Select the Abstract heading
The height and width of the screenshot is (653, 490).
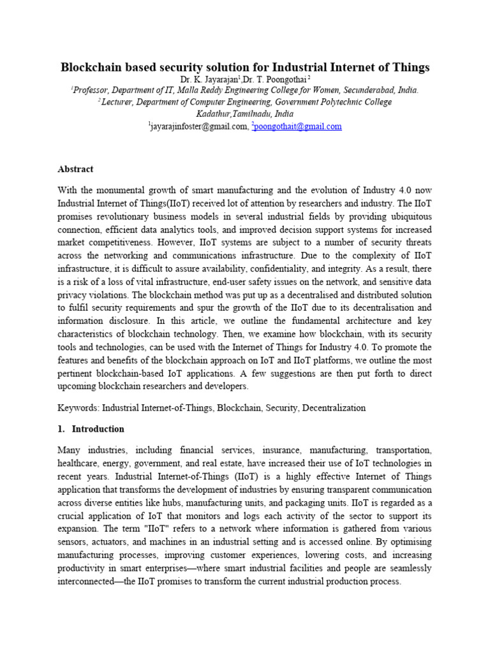75,169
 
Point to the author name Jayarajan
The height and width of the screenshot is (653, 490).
216,78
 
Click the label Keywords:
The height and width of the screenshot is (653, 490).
78,407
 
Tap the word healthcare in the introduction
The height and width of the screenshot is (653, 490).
79,463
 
